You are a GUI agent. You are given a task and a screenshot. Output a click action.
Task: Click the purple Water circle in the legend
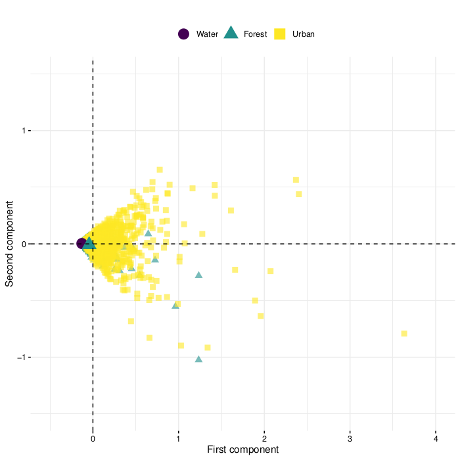(x=184, y=34)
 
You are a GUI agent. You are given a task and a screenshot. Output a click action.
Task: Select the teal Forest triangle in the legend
(x=231, y=34)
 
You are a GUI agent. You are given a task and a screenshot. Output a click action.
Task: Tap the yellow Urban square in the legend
(x=279, y=34)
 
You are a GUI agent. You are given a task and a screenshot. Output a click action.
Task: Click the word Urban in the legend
(x=304, y=34)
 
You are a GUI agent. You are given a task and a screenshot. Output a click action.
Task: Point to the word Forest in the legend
(x=255, y=34)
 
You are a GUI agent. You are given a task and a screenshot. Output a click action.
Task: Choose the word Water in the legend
(x=208, y=34)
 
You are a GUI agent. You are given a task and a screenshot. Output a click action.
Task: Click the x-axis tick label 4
(x=436, y=439)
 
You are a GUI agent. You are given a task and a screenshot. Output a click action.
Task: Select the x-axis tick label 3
(x=350, y=439)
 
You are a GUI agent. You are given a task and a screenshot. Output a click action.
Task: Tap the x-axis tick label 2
(x=264, y=439)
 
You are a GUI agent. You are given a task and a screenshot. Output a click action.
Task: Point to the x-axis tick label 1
(x=179, y=439)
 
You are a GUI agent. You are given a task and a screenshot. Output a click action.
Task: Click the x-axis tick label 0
(x=93, y=439)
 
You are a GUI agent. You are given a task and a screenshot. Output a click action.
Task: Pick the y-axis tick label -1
(x=20, y=357)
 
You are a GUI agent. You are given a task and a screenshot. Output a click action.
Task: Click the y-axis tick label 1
(x=23, y=131)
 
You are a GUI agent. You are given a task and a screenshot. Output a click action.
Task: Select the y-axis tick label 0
(x=23, y=244)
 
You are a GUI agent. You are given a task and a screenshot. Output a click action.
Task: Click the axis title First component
(x=243, y=450)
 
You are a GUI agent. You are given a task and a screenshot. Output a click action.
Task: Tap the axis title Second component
(x=9, y=244)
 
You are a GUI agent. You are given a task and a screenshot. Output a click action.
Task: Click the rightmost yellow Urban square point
(x=404, y=334)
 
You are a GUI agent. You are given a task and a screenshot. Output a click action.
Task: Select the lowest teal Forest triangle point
(x=198, y=359)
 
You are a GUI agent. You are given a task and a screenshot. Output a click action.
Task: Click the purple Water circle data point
(x=81, y=244)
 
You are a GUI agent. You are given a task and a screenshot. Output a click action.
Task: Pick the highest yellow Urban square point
(x=160, y=170)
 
